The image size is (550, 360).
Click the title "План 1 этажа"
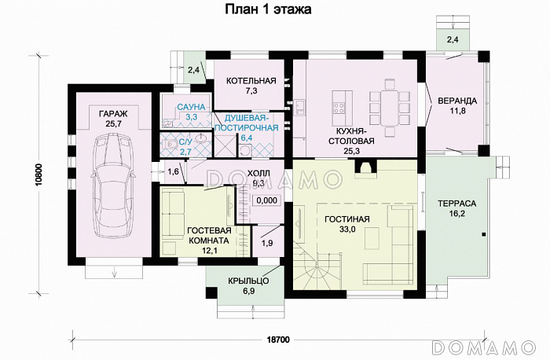tap(268, 9)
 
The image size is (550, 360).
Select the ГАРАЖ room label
tap(113, 114)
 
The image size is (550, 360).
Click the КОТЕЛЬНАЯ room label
tap(251, 81)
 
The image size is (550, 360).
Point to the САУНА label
tap(191, 107)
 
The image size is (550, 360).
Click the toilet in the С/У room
tap(170, 144)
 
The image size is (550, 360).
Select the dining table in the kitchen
tap(390, 108)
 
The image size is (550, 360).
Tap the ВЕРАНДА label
tap(457, 101)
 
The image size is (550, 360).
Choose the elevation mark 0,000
tap(267, 200)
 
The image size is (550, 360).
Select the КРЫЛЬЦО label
tap(248, 281)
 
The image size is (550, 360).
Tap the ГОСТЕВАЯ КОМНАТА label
tap(209, 236)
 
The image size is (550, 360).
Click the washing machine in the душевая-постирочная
tap(246, 151)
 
